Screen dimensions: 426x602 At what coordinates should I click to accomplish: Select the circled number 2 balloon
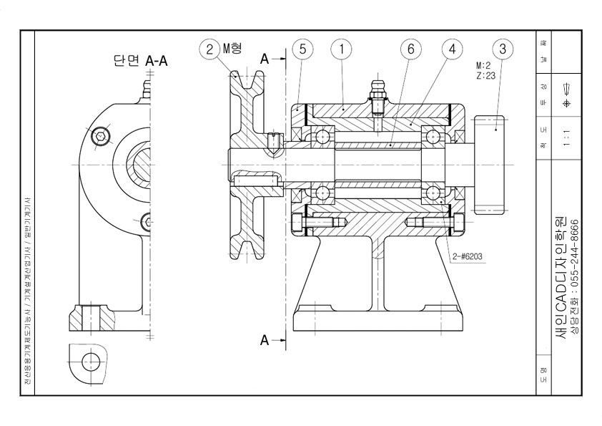(209, 49)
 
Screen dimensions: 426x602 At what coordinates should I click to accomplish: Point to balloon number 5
(303, 49)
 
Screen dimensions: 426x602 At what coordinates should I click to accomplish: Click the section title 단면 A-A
(141, 62)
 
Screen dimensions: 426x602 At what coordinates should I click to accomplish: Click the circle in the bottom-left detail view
(90, 361)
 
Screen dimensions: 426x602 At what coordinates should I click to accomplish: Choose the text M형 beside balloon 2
(232, 49)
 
